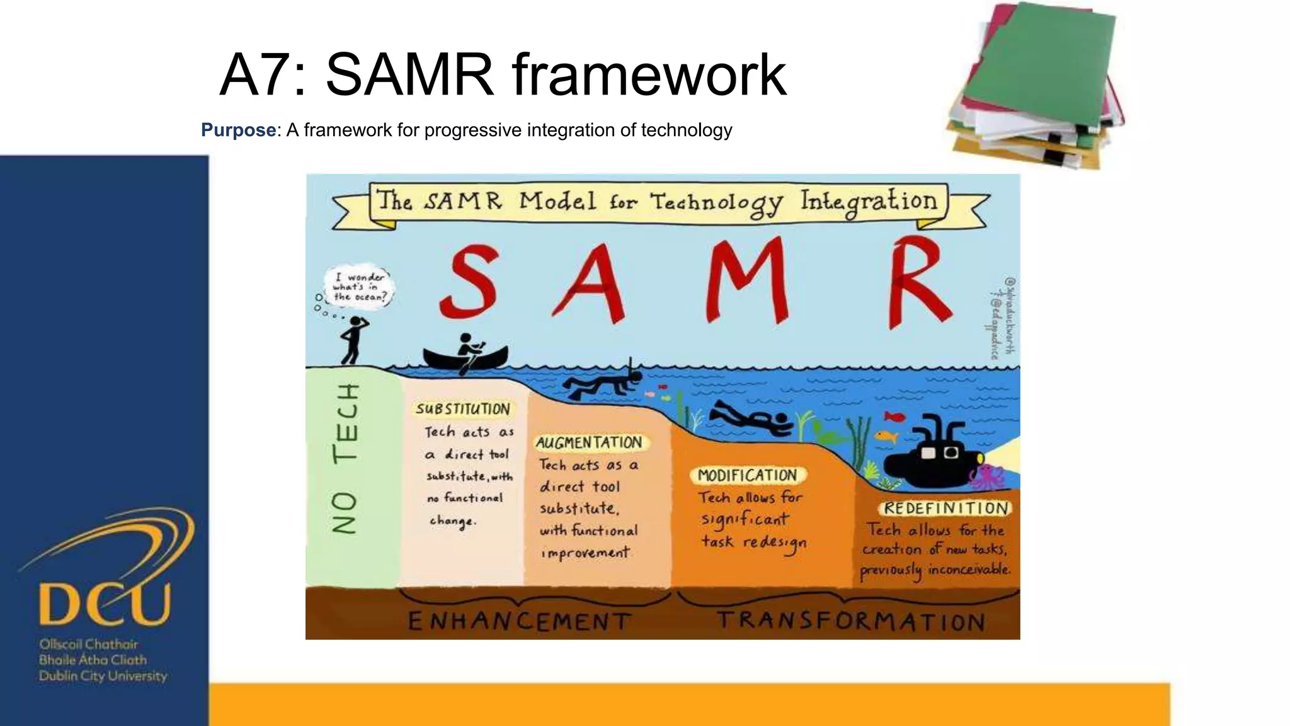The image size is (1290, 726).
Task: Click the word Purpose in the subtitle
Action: [x=238, y=130]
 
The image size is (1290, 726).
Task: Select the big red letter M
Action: [x=748, y=280]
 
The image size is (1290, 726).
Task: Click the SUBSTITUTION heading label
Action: [x=463, y=409]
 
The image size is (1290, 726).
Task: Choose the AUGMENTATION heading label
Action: [x=589, y=442]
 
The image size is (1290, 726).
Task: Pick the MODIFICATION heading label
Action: [x=747, y=475]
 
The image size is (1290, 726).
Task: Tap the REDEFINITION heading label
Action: [x=945, y=508]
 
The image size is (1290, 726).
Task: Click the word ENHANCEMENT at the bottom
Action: [x=519, y=621]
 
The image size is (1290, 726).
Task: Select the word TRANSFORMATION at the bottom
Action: [x=851, y=621]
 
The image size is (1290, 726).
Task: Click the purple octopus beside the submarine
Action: [x=987, y=476]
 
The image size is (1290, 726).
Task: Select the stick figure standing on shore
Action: [x=353, y=340]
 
